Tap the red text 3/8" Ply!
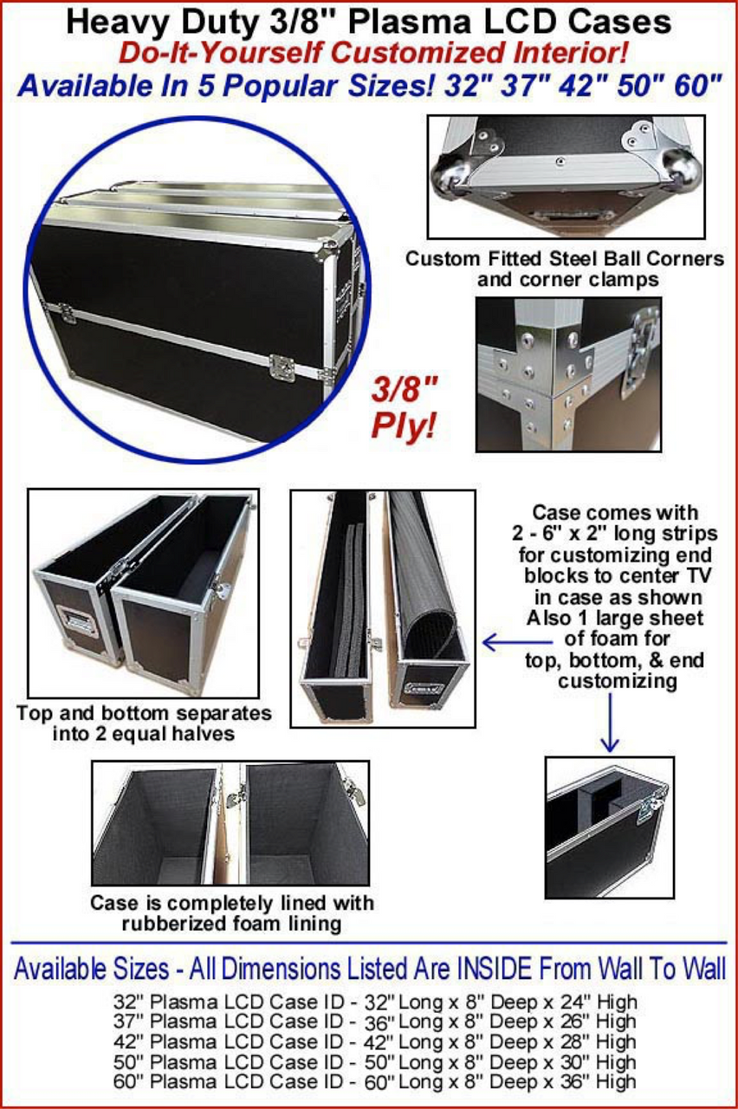click(x=405, y=407)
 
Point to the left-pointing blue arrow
click(x=517, y=643)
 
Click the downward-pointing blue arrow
click(x=610, y=723)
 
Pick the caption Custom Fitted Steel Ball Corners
click(x=565, y=259)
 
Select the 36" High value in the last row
click(x=598, y=1082)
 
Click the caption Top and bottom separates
click(x=144, y=713)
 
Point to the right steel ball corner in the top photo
click(x=680, y=167)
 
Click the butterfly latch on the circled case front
click(x=282, y=368)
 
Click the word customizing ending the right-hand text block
click(x=618, y=681)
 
